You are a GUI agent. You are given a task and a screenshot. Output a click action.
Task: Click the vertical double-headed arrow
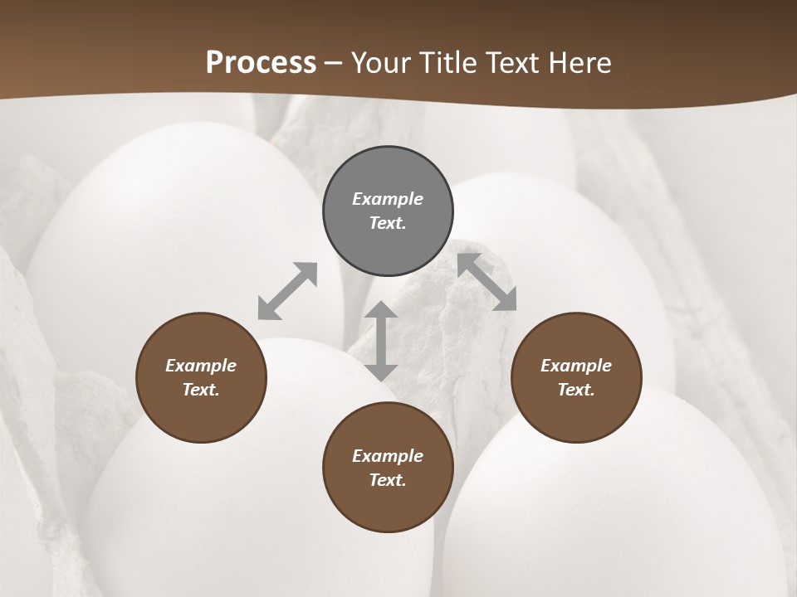[x=381, y=341]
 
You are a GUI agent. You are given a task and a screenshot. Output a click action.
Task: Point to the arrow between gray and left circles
[x=287, y=291]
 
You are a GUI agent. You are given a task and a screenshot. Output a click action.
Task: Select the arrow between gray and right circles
[x=487, y=282]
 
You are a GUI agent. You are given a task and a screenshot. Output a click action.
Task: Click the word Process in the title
[x=261, y=63]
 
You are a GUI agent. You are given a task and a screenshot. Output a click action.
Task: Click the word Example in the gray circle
[x=388, y=199]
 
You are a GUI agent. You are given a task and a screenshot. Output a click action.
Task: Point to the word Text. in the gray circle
[x=388, y=223]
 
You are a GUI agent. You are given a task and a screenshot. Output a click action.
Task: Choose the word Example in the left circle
[x=201, y=366]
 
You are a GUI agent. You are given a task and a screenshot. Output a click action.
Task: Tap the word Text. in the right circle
[x=576, y=390]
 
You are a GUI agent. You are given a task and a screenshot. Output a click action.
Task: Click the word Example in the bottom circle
[x=388, y=456]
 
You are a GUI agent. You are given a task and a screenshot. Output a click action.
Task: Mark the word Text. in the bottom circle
[x=388, y=480]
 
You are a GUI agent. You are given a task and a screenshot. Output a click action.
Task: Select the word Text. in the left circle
[x=201, y=390]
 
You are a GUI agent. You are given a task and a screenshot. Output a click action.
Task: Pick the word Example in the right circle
[x=576, y=366]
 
